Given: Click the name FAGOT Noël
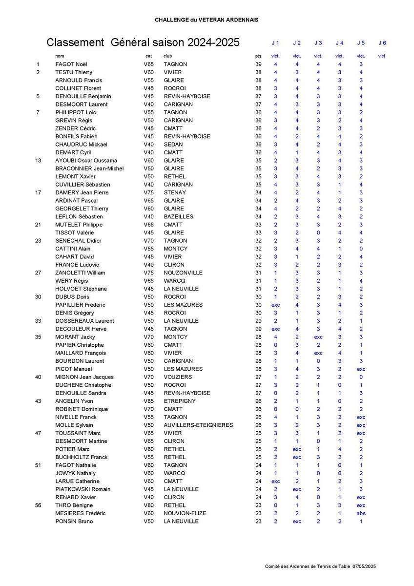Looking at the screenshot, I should click(71, 64).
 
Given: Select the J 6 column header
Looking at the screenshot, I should click(382, 43).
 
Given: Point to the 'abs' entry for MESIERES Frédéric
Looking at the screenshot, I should click(361, 513).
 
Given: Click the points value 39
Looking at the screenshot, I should click(258, 64).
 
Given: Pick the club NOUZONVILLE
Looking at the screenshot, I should click(183, 272).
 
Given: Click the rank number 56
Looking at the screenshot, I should click(38, 505).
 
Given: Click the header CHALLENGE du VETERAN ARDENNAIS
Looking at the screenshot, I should click(207, 20).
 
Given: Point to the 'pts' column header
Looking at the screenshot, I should click(258, 56).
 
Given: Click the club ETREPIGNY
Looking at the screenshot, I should click(180, 401).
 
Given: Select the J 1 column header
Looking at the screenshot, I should click(275, 43).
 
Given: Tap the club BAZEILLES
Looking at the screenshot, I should click(178, 216).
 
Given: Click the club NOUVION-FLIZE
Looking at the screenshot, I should click(185, 513).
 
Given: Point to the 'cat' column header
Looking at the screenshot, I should click(148, 56).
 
